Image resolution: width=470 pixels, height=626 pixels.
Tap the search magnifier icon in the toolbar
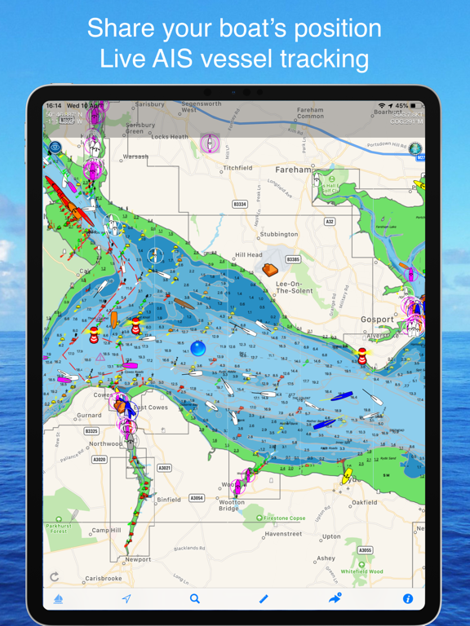tap(195, 598)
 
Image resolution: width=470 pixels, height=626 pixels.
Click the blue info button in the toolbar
tap(408, 599)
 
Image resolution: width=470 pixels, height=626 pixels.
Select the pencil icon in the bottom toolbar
tap(264, 599)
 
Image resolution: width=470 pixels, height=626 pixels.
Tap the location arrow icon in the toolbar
tap(126, 599)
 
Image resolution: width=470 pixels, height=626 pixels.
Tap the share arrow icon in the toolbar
tap(335, 598)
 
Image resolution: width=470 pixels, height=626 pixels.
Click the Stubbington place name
tap(280, 235)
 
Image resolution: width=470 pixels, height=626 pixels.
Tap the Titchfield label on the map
tap(238, 169)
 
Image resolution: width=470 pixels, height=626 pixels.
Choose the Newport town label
tap(138, 560)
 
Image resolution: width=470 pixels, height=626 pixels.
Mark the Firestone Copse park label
tap(283, 518)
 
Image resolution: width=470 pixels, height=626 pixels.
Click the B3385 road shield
tap(292, 260)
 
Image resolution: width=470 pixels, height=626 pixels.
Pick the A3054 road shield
tap(197, 498)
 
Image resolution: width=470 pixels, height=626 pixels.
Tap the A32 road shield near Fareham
tap(330, 222)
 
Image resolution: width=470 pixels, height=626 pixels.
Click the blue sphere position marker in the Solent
tap(197, 349)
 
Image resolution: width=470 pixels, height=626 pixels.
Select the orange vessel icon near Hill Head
tap(270, 269)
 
